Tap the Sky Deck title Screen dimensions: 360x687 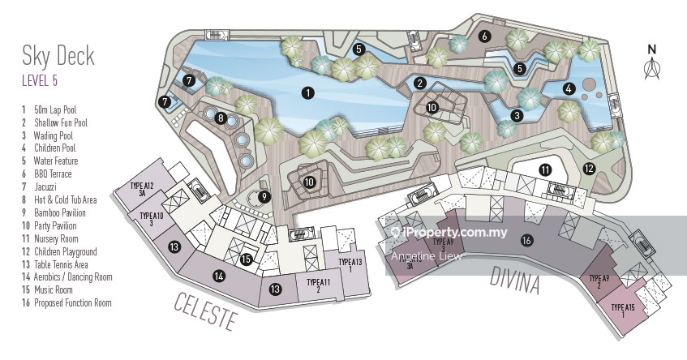click(58, 56)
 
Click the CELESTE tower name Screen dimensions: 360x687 click(206, 311)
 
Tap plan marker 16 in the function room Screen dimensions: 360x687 click(526, 240)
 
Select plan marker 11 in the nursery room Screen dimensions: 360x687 click(546, 169)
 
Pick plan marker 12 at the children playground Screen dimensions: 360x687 click(589, 169)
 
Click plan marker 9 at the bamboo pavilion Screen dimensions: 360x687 click(264, 195)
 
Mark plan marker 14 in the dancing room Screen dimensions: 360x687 click(218, 276)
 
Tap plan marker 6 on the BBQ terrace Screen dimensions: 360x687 click(484, 36)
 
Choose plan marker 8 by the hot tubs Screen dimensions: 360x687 click(221, 118)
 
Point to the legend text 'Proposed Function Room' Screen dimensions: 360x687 click(72, 303)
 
